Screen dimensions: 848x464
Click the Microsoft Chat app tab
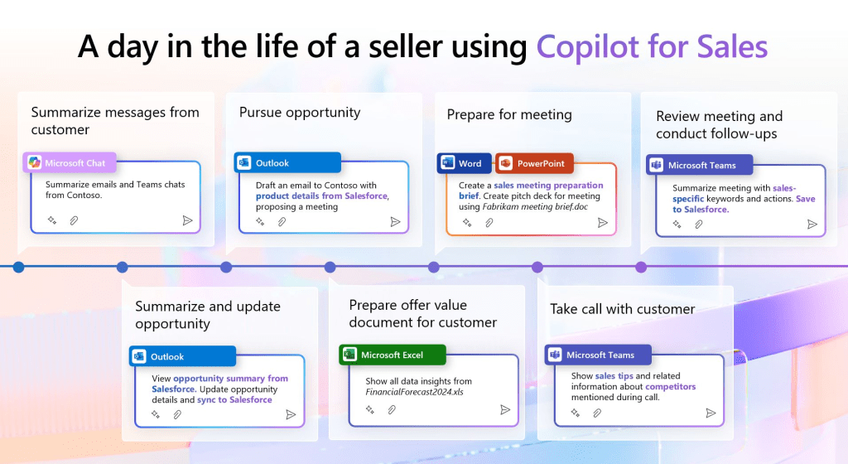[70, 162]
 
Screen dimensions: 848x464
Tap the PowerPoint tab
[534, 163]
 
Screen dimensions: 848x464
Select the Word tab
[464, 163]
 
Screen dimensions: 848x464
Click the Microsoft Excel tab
[392, 355]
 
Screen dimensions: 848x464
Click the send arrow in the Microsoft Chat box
[187, 220]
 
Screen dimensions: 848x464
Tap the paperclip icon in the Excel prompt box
[392, 410]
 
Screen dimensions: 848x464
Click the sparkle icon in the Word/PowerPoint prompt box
[467, 222]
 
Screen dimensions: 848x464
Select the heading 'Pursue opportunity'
[300, 113]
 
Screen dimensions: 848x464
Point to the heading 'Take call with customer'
[622, 309]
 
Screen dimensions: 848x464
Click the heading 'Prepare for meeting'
[509, 114]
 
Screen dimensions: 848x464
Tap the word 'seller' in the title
[406, 46]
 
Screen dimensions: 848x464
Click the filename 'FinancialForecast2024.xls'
[414, 392]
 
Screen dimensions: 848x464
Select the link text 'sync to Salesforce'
[234, 399]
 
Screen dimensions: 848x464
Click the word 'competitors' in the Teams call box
[670, 386]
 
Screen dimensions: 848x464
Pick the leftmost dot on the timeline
[19, 267]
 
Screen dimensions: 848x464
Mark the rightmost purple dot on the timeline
[641, 267]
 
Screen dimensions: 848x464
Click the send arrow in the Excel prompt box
[505, 409]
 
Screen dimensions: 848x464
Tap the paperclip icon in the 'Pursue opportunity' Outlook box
[282, 222]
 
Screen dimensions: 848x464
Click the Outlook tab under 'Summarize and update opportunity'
[183, 356]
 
